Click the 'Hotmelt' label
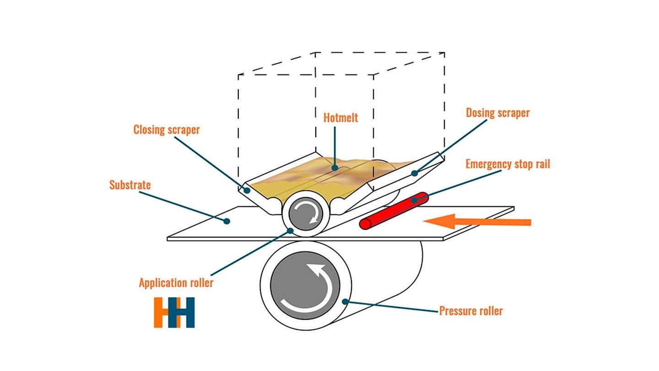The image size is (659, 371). click(x=340, y=118)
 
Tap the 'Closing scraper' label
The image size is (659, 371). click(x=167, y=130)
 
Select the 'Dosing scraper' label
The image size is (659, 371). click(x=498, y=113)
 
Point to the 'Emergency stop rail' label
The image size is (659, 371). click(x=508, y=164)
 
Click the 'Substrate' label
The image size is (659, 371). click(x=130, y=185)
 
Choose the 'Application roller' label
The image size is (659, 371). click(x=176, y=283)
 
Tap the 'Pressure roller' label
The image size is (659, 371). click(x=471, y=311)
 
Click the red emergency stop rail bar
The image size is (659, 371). click(x=394, y=211)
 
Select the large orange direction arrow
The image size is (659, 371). click(x=477, y=221)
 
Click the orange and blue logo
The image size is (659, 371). click(x=174, y=312)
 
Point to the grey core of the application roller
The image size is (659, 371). click(x=306, y=213)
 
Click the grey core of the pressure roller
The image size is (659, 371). click(x=305, y=285)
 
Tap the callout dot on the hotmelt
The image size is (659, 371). click(x=335, y=168)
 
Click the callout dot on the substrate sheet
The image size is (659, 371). click(x=227, y=221)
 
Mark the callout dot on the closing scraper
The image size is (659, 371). click(x=247, y=191)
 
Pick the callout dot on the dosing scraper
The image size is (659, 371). click(x=415, y=174)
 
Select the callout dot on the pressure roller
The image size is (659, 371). click(x=345, y=301)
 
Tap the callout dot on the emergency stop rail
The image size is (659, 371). click(x=414, y=201)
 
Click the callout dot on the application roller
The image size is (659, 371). click(x=290, y=231)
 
